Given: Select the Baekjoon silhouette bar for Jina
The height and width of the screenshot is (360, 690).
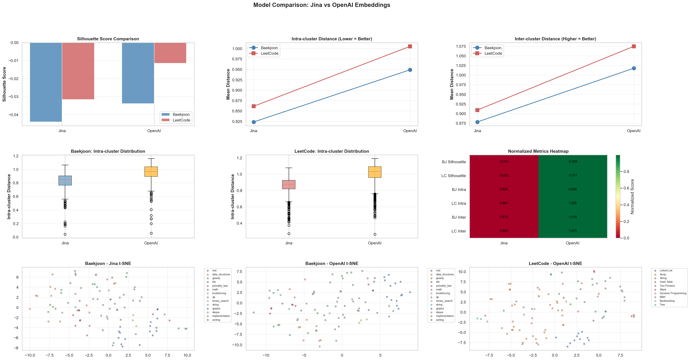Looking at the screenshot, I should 46,82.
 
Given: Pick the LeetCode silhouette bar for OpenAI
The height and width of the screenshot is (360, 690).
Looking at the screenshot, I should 170,53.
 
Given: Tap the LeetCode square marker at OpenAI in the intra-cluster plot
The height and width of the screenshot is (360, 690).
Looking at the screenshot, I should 410,46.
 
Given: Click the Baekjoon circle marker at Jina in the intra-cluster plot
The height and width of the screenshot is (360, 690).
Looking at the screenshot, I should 254,122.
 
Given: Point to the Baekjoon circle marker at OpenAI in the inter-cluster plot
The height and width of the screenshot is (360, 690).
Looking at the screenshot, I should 634,68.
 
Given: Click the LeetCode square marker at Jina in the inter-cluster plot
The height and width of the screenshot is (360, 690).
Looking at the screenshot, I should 477,110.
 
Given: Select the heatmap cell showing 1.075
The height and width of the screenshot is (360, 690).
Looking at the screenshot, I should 573,231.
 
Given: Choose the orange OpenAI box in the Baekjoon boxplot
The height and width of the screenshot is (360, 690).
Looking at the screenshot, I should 151,172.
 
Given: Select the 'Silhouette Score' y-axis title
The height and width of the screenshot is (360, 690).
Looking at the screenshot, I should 4,84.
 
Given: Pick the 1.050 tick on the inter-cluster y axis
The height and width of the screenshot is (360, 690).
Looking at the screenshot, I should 460,56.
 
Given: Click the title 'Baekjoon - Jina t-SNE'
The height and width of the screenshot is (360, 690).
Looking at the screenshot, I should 108,264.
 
